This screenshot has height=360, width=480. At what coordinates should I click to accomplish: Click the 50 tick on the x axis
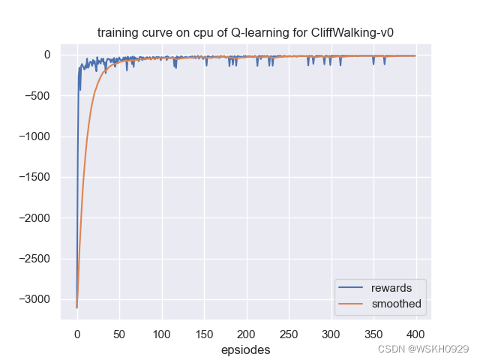point(119,334)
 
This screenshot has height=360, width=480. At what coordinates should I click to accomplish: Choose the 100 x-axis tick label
point(161,334)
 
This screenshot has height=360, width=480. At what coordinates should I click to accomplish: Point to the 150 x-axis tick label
point(204,334)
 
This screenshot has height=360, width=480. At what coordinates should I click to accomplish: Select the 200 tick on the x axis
point(246,334)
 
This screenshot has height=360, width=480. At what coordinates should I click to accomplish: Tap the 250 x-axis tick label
point(289,334)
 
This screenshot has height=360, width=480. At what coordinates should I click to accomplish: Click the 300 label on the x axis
point(331,334)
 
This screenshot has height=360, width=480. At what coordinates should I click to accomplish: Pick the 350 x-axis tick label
point(373,334)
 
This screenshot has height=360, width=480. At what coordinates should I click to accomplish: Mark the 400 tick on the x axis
point(415,334)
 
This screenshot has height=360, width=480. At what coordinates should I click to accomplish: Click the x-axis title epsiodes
point(245,349)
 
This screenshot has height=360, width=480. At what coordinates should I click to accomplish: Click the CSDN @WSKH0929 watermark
point(423,349)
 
